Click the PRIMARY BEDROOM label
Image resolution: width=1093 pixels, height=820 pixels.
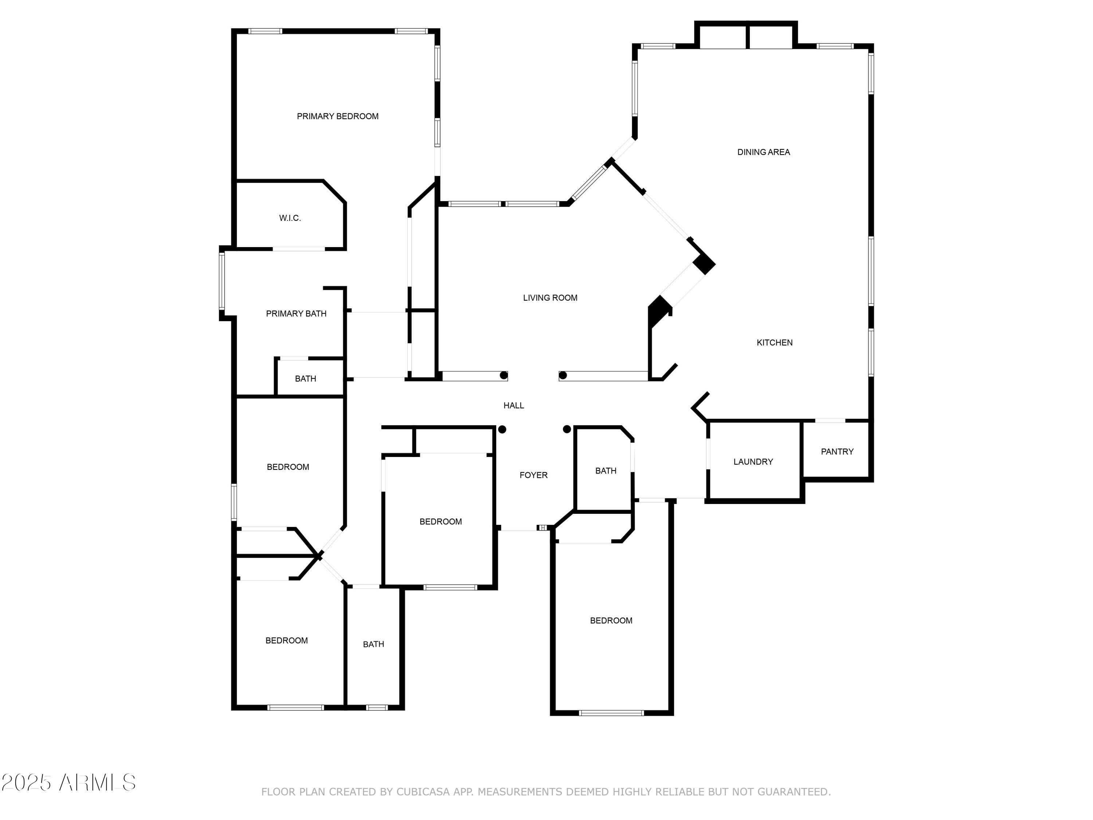[337, 116]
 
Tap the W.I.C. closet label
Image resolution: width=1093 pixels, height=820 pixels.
[290, 218]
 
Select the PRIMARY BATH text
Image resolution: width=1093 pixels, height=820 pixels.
[296, 313]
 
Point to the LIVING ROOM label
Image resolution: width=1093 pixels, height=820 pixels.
[550, 297]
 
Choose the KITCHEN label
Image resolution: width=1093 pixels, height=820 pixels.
[774, 343]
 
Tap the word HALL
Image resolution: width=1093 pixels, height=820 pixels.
[513, 405]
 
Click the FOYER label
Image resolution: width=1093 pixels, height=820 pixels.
[533, 475]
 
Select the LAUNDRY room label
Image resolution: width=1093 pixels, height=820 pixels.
[753, 462]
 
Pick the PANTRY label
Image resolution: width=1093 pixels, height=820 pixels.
[837, 451]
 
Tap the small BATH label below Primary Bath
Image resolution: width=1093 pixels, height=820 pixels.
[305, 379]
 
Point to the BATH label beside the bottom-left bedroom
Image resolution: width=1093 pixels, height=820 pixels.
[373, 644]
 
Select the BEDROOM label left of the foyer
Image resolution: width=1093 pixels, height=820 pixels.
[440, 522]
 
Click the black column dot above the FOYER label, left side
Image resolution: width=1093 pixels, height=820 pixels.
[502, 429]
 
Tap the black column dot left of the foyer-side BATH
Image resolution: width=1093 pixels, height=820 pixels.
[567, 429]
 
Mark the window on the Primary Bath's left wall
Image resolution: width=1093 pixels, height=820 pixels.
[222, 281]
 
